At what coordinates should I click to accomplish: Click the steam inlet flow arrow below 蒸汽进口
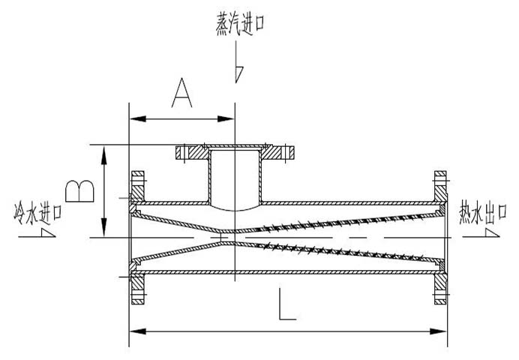click(x=238, y=71)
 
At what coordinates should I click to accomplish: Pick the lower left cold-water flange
click(x=137, y=289)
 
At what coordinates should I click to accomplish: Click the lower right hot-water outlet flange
click(x=441, y=289)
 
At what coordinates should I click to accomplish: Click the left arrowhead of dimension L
click(x=135, y=328)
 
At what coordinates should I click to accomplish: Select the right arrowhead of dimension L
click(x=444, y=328)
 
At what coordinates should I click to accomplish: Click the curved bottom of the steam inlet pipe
click(x=234, y=207)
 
